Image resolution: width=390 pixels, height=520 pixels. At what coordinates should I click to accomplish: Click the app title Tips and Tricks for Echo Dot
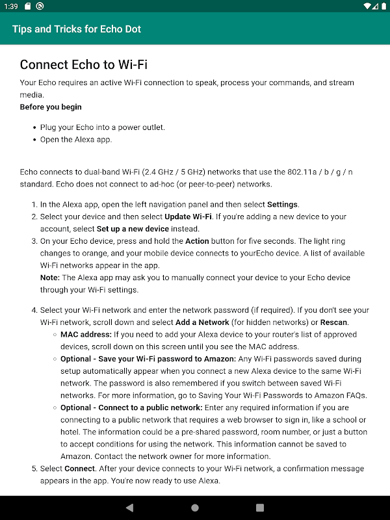pos(77,29)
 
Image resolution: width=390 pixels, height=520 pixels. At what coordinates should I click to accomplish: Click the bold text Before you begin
pos(51,107)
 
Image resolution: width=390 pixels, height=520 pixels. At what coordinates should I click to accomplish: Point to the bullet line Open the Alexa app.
pos(76,139)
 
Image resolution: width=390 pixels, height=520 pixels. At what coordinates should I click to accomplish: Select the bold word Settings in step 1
pos(282,204)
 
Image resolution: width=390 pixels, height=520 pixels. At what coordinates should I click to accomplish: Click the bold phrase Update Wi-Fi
pos(188,216)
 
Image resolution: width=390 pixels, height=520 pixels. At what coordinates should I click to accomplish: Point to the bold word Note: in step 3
pos(51,278)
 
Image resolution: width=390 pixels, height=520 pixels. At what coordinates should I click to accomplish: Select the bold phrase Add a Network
pos(201,322)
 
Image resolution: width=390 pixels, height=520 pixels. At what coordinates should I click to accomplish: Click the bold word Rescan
pos(333,322)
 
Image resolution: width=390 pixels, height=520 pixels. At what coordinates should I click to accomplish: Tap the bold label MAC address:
pos(86,335)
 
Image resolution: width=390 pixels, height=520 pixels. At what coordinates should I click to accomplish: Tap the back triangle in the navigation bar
pos(129,508)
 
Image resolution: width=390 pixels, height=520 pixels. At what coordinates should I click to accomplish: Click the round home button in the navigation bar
pos(195,508)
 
